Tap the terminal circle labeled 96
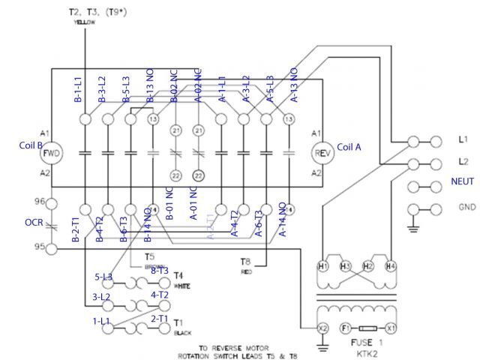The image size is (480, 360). point(52,203)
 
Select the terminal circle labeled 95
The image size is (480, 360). point(52,247)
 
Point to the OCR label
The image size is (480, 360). point(22,223)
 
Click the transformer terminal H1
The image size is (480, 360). point(324,266)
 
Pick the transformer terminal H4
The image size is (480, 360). point(390,266)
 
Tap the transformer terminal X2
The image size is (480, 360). point(324,328)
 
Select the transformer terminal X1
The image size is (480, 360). point(390,328)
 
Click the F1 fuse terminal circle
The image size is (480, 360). point(346,328)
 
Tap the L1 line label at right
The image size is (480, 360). point(462,140)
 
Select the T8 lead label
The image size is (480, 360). point(245,262)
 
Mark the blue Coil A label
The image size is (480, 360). point(349,147)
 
